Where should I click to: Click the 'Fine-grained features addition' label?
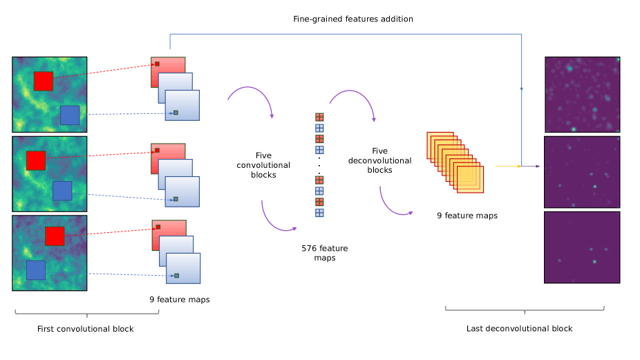tap(352, 19)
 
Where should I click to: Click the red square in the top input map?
tap(43, 81)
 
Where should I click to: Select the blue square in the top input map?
tap(69, 115)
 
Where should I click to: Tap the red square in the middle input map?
tap(36, 160)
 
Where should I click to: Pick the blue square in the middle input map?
tap(62, 191)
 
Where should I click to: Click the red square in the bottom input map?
tap(55, 236)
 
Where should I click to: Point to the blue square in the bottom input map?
tap(36, 269)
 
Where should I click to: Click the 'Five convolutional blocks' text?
tap(263, 165)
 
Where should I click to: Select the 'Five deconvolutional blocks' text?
tap(380, 160)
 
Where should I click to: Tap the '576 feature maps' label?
tap(324, 253)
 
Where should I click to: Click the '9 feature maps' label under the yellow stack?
tap(467, 216)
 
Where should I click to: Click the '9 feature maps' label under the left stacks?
tap(179, 300)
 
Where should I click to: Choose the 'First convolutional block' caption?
tap(85, 329)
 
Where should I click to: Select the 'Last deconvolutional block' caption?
tap(519, 328)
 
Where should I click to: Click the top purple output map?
tap(582, 95)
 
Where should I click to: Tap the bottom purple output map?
tap(582, 247)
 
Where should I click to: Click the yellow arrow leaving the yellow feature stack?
tap(507, 167)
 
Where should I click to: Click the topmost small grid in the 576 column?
tap(319, 117)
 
